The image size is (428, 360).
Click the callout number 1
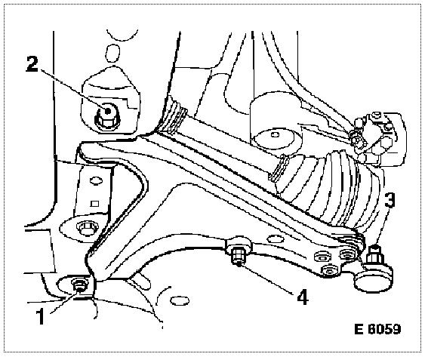point(42,316)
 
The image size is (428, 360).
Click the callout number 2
point(32,64)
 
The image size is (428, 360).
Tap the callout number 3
point(390,199)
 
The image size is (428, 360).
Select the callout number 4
point(303,297)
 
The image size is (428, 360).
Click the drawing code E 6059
point(377,329)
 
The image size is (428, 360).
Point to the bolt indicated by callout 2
point(106,117)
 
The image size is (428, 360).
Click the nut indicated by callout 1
point(79,285)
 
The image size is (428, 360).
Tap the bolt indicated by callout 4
point(239,254)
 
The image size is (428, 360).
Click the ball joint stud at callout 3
point(375,254)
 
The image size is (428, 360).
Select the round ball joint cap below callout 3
point(374,278)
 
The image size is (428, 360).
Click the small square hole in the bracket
point(94,204)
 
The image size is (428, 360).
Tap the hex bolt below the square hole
point(85,229)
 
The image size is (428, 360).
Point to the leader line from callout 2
point(74,91)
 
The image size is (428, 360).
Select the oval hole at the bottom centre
point(180,300)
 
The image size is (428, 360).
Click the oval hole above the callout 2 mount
point(112,54)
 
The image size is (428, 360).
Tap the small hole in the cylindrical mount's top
point(276,134)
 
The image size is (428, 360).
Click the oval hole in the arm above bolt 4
point(276,239)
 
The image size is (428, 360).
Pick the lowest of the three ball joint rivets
point(328,270)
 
